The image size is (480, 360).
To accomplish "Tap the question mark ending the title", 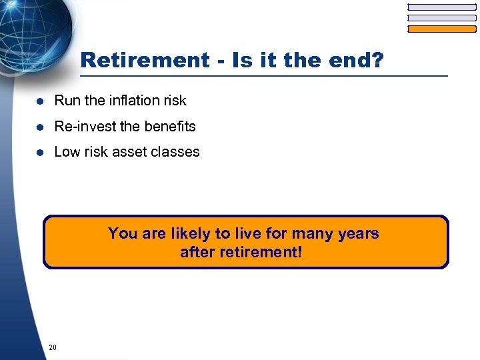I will [x=377, y=61].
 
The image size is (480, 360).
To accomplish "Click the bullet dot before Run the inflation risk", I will [x=40, y=101].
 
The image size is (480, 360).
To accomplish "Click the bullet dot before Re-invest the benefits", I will [x=40, y=127].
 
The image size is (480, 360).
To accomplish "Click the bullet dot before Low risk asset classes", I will [x=40, y=152].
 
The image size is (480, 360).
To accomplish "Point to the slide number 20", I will [x=53, y=347].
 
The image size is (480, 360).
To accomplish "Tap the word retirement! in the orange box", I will [x=266, y=253].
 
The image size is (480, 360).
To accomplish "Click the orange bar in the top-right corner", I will [x=442, y=29].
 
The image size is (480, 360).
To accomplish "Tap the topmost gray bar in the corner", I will [x=442, y=7].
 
